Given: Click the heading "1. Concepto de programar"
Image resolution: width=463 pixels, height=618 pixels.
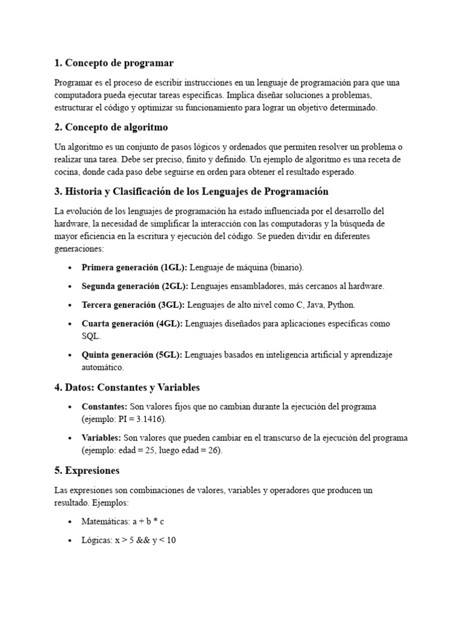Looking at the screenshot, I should coord(113,63).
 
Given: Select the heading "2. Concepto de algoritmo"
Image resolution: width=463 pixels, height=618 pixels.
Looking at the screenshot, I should coord(111,127).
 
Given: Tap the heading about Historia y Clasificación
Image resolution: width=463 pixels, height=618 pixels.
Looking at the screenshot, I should coord(191,191).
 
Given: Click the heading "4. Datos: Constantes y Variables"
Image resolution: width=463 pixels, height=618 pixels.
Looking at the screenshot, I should coord(127,387).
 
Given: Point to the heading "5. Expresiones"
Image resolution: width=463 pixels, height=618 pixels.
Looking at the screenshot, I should coord(87,470).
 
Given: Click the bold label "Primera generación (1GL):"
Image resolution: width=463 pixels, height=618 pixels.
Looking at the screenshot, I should coord(134,267).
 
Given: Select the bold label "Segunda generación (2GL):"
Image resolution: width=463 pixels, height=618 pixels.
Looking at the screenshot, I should coord(135,285).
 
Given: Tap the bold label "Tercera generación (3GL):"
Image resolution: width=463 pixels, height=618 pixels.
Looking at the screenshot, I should coord(134,305).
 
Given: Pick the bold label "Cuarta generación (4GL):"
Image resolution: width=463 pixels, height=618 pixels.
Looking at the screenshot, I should coord(132,323).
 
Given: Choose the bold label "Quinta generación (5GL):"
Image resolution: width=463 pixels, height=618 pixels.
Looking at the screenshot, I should coord(131,355).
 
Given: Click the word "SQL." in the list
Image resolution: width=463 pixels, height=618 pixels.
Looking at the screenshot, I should coord(92,336).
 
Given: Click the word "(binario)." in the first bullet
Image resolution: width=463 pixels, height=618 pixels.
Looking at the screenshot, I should coord(287,267).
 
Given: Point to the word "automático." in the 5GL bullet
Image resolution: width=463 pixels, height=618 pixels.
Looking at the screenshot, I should coord(102,367).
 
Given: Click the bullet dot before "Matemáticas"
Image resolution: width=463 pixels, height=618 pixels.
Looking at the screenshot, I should coord(71,522).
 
